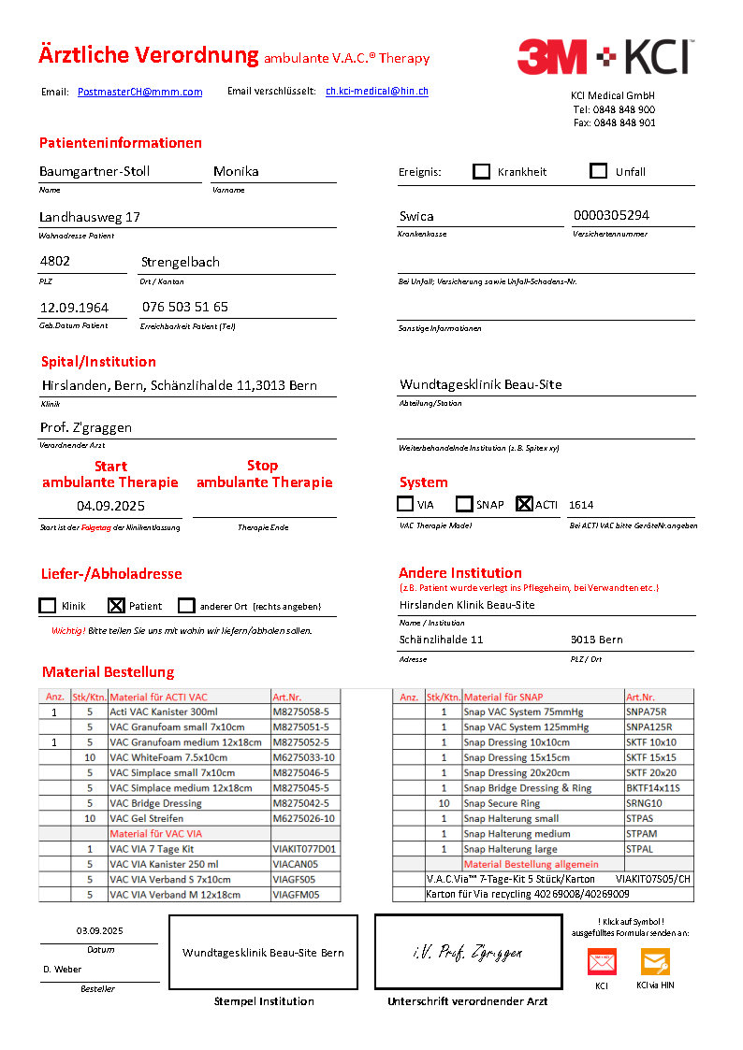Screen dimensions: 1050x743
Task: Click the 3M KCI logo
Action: click(x=605, y=57)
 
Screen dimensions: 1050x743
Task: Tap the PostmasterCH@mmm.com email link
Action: click(x=139, y=92)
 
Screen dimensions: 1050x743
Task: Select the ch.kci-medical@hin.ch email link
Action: click(x=377, y=91)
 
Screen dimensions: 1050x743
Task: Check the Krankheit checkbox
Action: click(x=482, y=171)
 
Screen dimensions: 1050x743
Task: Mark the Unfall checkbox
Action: click(x=599, y=171)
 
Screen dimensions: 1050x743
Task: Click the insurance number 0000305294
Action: click(x=611, y=215)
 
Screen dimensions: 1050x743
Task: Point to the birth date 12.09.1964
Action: click(x=74, y=307)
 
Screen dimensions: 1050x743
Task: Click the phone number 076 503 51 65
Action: click(x=185, y=307)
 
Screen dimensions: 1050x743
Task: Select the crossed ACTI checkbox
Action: click(x=524, y=504)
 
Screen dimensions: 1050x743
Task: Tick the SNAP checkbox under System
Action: click(x=464, y=504)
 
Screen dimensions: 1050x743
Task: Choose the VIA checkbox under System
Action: click(x=405, y=504)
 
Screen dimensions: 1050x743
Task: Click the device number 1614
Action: click(x=581, y=505)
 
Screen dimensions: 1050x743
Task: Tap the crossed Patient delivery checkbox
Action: click(x=116, y=606)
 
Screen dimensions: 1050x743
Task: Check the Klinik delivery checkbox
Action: click(x=48, y=606)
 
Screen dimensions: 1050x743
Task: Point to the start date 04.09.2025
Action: click(x=110, y=505)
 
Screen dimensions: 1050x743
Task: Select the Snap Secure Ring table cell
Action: click(x=502, y=803)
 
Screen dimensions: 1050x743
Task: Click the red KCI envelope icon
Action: click(x=602, y=962)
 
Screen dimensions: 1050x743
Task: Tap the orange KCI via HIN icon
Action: click(x=655, y=962)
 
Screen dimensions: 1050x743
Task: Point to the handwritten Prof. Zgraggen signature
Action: click(x=467, y=953)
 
